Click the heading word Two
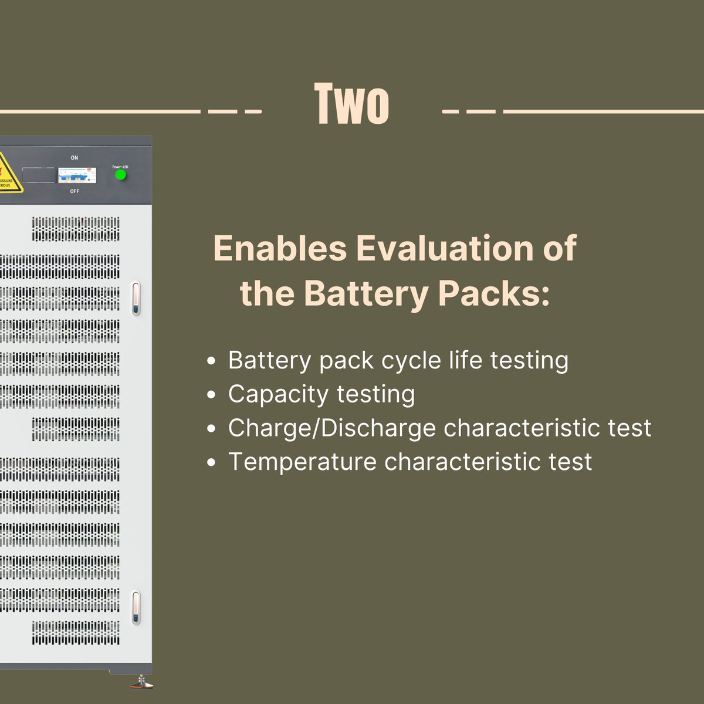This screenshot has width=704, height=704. point(351,104)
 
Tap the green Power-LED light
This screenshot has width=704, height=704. point(121,175)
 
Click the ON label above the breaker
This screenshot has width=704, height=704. point(75,158)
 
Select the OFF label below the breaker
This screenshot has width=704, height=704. point(75,191)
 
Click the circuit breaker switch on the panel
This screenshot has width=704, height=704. point(76,174)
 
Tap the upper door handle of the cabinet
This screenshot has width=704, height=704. point(136,299)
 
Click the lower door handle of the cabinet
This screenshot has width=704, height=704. point(136,607)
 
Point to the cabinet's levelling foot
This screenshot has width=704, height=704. point(141,682)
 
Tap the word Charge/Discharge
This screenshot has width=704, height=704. point(331,428)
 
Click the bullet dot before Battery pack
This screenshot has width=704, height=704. point(212,361)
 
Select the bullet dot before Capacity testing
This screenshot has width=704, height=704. point(212,395)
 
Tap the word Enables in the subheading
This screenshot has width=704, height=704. point(280,248)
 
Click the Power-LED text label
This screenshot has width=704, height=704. point(120,167)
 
